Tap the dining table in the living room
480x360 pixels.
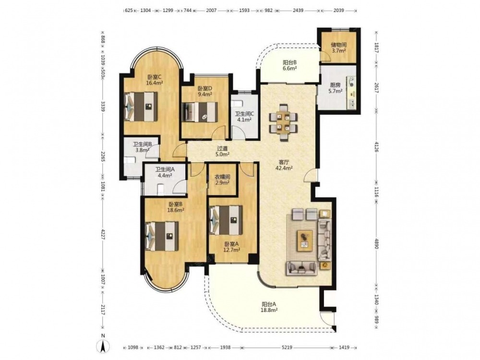283,122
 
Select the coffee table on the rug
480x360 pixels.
305,240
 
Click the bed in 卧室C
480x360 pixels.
141,107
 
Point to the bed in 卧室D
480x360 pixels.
200,112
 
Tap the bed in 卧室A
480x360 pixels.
226,220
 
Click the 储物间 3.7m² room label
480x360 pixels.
338,48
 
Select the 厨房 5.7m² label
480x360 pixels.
336,88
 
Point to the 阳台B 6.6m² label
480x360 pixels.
289,65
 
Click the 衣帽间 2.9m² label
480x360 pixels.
222,180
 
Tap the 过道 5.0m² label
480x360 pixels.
222,152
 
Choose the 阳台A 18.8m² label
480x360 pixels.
269,307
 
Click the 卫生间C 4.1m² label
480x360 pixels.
245,117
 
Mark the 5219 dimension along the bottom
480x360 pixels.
287,348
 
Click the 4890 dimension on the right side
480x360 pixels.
376,242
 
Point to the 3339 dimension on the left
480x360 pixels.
103,106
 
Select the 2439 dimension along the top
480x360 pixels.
298,11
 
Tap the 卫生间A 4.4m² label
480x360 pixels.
165,172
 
